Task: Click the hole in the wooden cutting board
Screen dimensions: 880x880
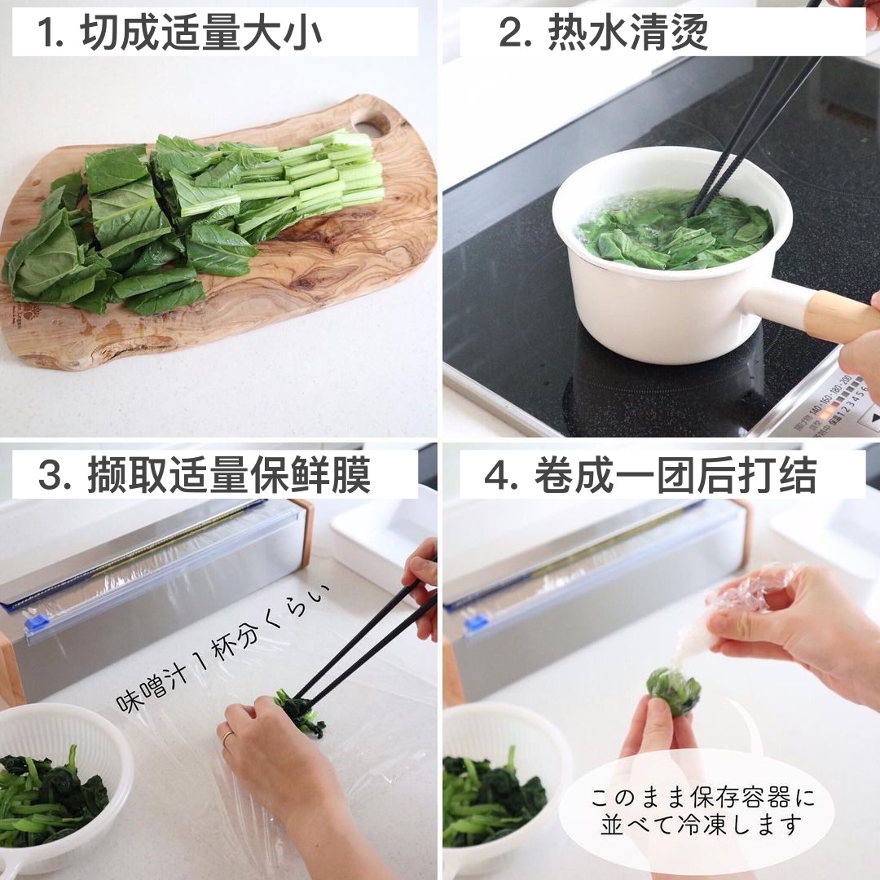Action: pos(371,121)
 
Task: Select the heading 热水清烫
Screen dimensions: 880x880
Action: pos(627,33)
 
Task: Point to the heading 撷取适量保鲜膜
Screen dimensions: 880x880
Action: pos(229,475)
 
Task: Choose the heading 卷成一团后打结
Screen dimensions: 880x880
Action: pos(675,475)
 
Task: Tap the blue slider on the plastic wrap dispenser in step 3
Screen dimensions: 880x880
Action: pos(35,622)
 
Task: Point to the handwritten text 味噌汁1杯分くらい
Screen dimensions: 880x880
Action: pos(222,648)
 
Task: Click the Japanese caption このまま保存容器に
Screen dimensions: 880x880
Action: pos(702,797)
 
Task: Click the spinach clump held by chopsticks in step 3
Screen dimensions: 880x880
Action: pos(302,714)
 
